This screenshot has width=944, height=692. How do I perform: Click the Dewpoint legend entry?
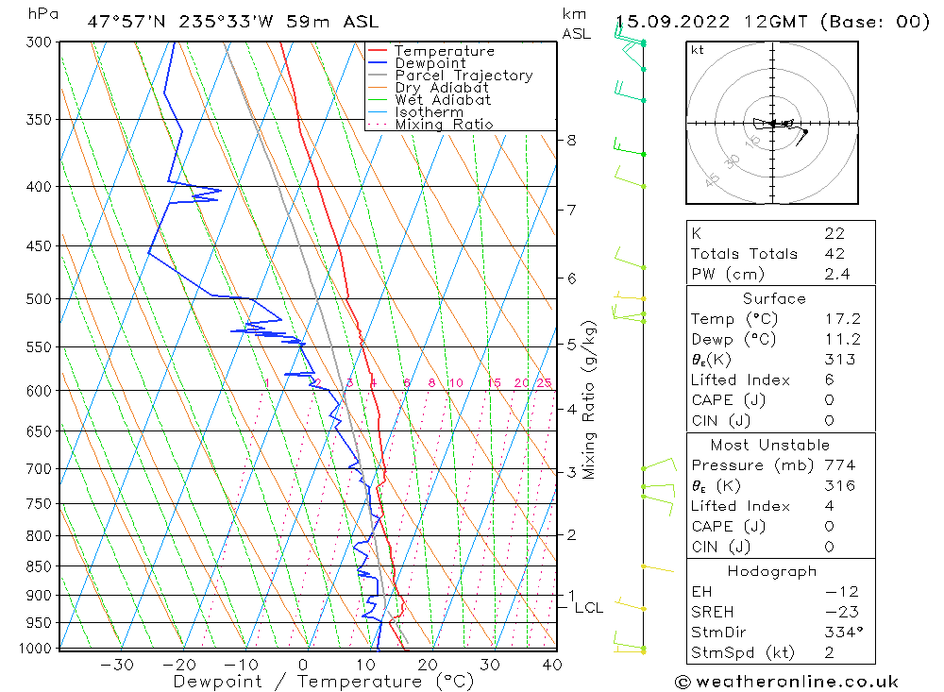click(x=430, y=63)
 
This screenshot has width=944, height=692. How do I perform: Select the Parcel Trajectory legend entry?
click(x=463, y=76)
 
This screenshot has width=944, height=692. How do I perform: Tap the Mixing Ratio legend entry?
click(x=444, y=124)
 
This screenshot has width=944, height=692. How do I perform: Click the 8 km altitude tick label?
click(x=571, y=141)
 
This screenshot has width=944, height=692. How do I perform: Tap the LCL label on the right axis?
click(x=588, y=608)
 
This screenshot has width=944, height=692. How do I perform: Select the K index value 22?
click(x=834, y=233)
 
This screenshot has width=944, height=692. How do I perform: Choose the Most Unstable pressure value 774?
click(x=839, y=465)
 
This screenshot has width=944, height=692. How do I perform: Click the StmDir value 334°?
click(x=839, y=633)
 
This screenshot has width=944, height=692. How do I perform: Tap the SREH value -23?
click(x=835, y=612)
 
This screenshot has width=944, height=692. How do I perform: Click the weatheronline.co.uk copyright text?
click(x=787, y=681)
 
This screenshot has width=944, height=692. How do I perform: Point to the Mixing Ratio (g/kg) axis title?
click(x=590, y=399)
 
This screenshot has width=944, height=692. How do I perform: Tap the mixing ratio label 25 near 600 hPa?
click(x=544, y=382)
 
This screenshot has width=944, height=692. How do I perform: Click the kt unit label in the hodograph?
click(x=698, y=51)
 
